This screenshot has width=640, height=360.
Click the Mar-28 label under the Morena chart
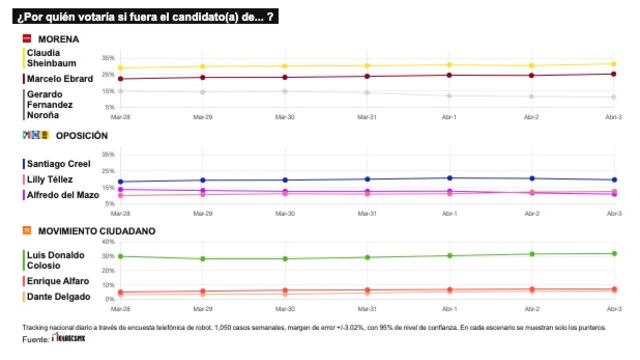click(120, 117)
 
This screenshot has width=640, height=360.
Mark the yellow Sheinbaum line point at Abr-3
click(613, 64)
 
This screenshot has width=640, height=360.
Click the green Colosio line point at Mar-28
click(120, 256)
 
